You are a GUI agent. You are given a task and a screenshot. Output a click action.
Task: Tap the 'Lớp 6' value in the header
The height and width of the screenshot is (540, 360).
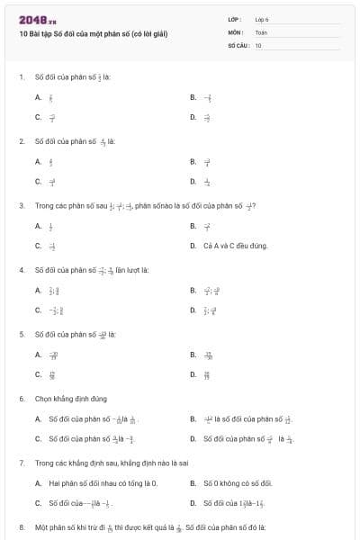[262, 18]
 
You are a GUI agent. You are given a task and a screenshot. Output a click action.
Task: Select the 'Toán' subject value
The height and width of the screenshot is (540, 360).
[261, 31]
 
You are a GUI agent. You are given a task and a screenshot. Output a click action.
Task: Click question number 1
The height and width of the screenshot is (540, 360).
[21, 76]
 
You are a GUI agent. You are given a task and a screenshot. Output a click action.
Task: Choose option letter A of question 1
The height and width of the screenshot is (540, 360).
[38, 97]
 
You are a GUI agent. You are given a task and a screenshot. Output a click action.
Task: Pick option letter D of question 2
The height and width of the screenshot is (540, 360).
[193, 182]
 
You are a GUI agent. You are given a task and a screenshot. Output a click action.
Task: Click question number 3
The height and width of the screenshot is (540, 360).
[21, 205]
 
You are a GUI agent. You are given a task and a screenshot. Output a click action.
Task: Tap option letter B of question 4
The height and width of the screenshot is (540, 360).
[193, 290]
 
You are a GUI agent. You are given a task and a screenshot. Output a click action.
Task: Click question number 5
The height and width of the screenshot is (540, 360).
[21, 334]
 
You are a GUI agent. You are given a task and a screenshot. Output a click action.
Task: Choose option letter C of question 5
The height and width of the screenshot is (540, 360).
[38, 374]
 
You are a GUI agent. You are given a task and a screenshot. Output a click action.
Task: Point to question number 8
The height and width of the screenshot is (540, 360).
[21, 526]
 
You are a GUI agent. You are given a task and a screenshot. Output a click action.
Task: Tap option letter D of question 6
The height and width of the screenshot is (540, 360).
[193, 439]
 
